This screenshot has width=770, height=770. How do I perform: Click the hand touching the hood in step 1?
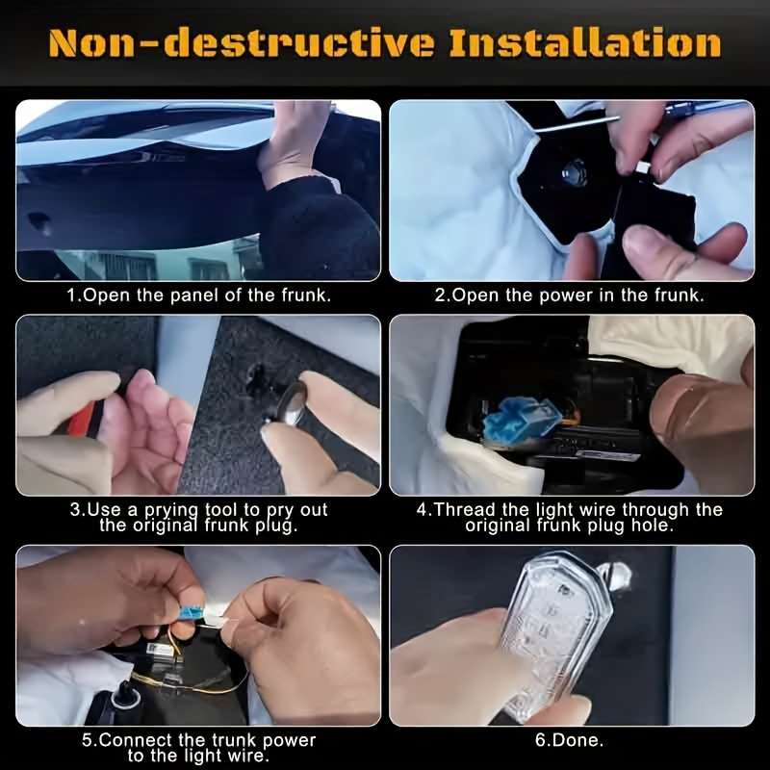(294, 144)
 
